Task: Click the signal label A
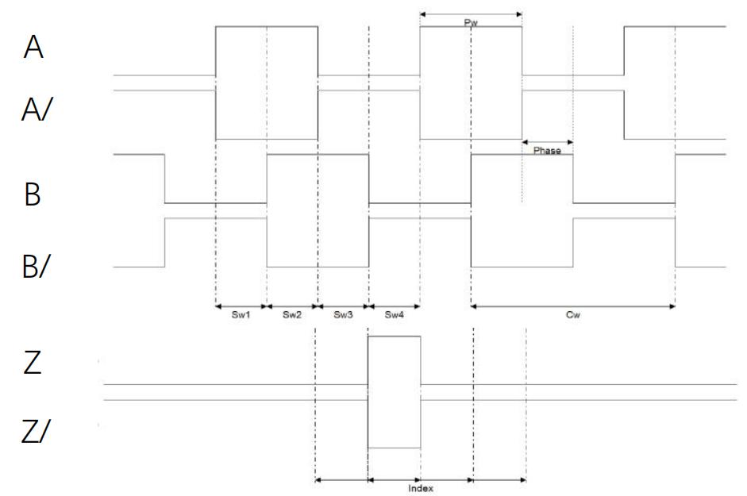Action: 33,47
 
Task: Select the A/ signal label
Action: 37,110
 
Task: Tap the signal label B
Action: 33,194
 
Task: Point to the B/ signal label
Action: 36,266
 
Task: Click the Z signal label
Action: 33,363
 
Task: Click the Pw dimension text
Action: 471,23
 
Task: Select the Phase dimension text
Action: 547,151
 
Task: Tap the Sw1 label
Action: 241,314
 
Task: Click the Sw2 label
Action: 292,314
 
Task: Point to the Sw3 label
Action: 343,314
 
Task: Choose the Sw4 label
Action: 395,314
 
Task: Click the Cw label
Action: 572,314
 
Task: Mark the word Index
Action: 421,488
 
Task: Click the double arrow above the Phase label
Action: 548,142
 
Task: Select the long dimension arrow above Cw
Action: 572,306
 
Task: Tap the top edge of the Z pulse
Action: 394,336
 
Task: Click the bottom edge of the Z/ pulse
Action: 394,448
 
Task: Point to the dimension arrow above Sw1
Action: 241,306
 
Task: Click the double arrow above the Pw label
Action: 471,14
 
